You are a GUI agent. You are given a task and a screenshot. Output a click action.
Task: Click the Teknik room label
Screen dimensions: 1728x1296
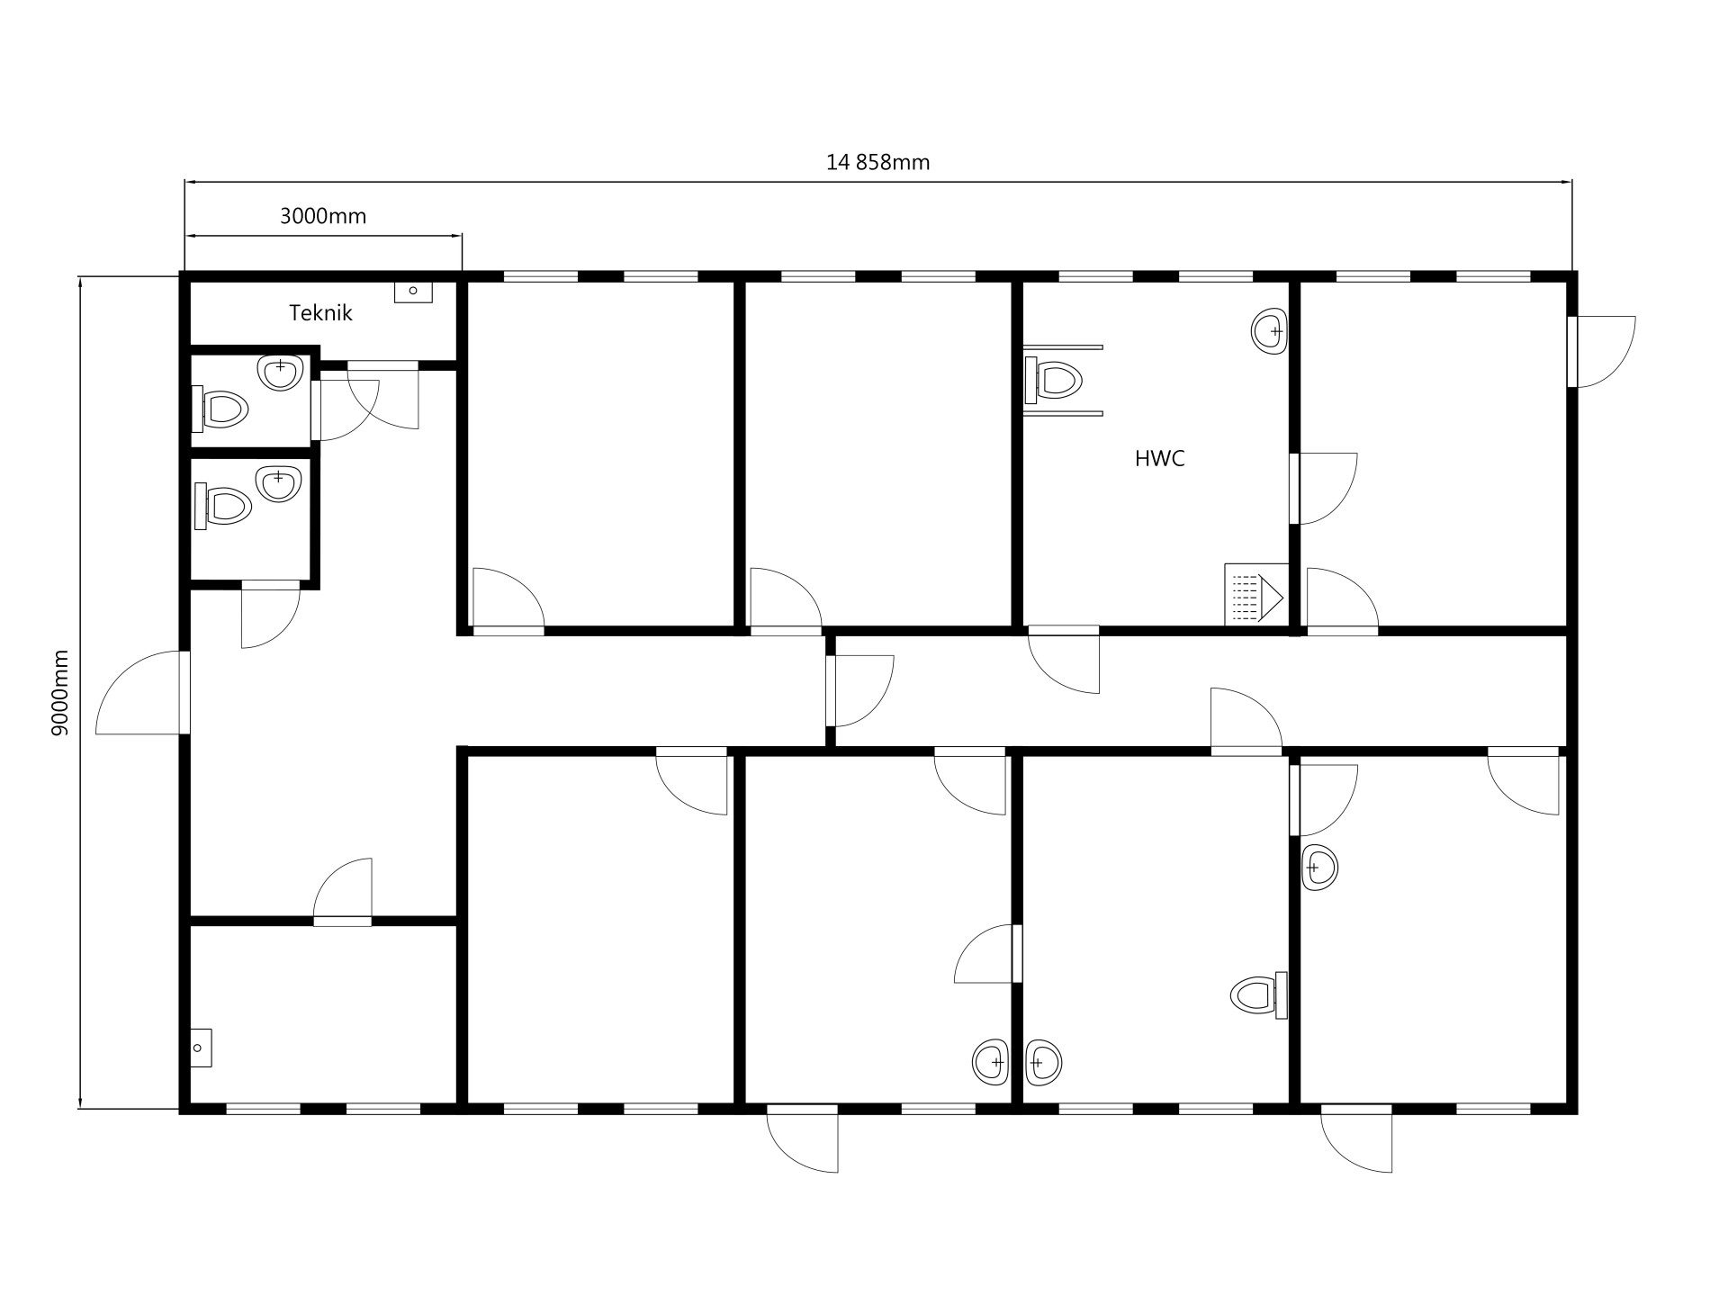320,313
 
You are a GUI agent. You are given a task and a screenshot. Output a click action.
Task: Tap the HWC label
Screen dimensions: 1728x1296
1160,459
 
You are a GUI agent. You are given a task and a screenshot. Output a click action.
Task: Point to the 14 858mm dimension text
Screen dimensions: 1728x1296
877,163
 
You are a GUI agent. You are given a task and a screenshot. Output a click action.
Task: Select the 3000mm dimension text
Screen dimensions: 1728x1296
323,216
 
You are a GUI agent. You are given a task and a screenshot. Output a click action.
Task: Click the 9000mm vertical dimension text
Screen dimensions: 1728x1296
60,692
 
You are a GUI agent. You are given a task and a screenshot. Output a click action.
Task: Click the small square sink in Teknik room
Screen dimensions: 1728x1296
413,291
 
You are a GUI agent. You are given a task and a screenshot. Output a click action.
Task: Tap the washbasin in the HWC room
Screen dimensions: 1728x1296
1269,331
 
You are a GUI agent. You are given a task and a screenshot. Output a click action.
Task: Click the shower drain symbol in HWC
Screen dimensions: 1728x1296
1254,594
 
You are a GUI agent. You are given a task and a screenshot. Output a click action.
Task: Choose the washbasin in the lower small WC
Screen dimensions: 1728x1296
276,483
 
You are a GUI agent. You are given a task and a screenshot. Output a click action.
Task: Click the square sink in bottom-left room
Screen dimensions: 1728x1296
201,1048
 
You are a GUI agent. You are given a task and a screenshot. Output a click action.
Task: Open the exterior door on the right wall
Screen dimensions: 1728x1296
1601,351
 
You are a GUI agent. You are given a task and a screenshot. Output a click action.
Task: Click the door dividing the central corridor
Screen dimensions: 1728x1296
859,690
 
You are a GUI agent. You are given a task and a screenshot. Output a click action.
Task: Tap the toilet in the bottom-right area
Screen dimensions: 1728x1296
1259,994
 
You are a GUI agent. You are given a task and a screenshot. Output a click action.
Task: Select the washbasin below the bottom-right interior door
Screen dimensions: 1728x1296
1319,868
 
